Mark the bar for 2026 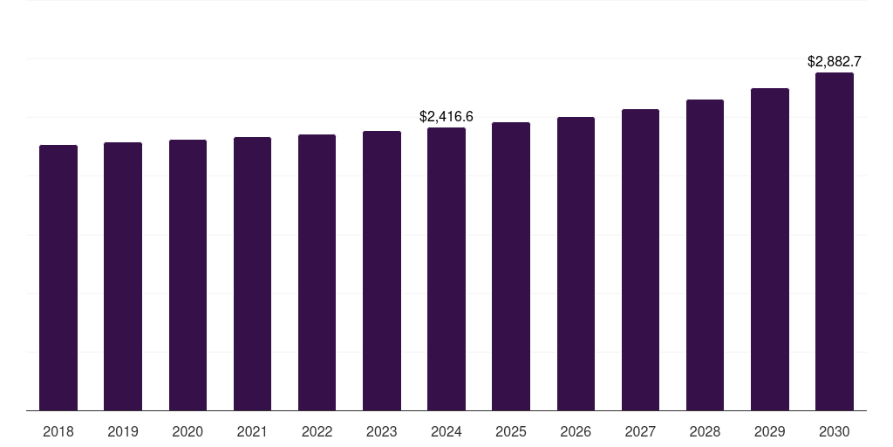click(576, 264)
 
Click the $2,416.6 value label click(446, 116)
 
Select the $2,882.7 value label click(835, 61)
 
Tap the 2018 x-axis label click(58, 431)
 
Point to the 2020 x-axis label click(187, 431)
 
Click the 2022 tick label click(317, 431)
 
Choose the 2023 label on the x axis click(382, 431)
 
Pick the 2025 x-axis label click(511, 431)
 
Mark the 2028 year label click(705, 431)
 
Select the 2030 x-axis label click(835, 431)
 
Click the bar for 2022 click(317, 272)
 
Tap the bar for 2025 click(511, 266)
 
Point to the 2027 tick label click(640, 431)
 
